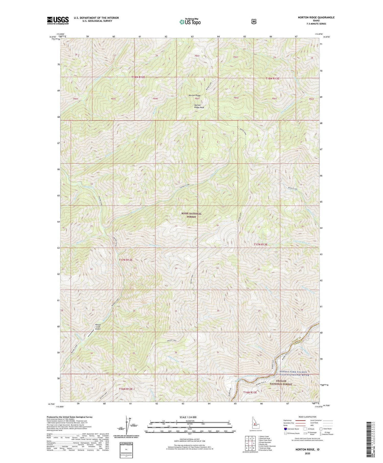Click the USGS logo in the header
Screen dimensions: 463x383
click(58, 20)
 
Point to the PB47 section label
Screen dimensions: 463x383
click(197, 99)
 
